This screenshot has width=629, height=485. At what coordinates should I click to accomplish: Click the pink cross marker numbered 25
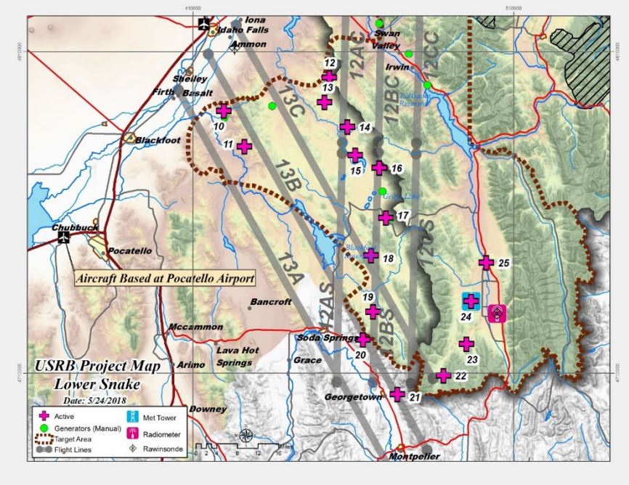(x=486, y=263)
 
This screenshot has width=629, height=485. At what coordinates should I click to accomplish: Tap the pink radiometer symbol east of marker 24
(x=497, y=313)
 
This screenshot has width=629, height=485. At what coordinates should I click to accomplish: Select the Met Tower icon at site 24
(x=471, y=301)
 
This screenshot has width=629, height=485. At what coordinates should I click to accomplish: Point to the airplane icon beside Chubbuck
(x=64, y=236)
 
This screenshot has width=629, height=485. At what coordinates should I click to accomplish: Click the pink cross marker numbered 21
(x=397, y=394)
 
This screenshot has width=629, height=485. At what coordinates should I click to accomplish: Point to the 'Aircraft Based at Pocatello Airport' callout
(x=165, y=278)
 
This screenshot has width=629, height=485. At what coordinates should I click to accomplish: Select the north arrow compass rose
(x=246, y=437)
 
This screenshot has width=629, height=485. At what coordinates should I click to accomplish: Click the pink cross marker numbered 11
(x=244, y=146)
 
